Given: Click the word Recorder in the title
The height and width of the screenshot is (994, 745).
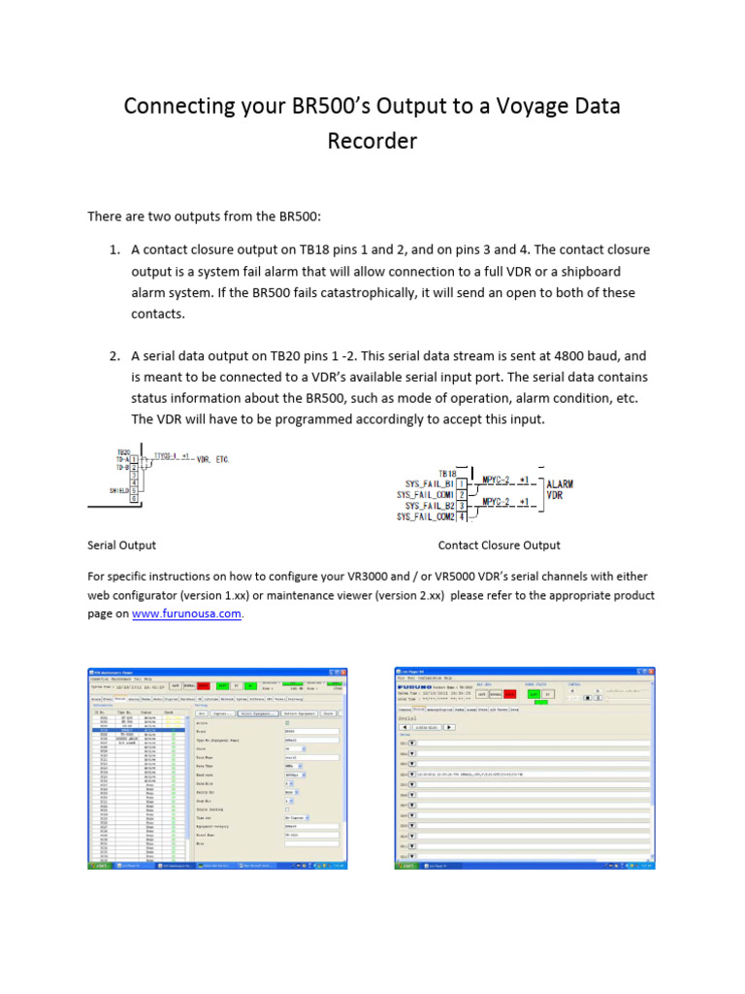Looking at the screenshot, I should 372,141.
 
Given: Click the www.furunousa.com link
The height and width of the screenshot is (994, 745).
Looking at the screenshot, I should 186,614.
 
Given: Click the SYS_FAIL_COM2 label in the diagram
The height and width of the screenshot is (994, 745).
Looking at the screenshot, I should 424,517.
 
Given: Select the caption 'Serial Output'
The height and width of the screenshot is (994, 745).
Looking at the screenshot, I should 122,546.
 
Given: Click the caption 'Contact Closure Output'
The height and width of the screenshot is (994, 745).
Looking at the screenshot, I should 499,546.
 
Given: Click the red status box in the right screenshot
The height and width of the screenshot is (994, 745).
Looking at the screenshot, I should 496,694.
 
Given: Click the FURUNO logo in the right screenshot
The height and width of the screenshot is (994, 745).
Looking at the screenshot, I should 419,684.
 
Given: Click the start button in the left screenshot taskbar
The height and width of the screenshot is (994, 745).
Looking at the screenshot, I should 99,865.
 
